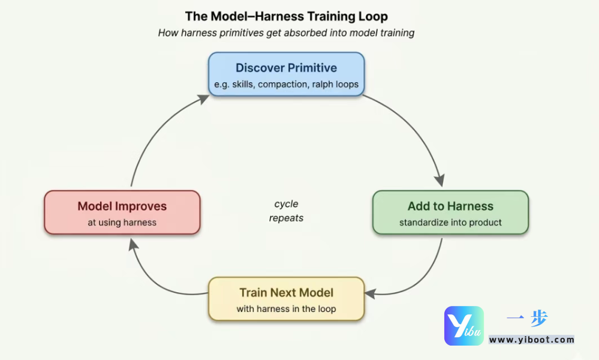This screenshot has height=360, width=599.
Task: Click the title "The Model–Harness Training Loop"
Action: (x=286, y=16)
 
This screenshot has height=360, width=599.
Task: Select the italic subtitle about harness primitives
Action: (x=286, y=33)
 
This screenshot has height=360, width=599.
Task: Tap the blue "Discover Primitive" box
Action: (x=286, y=74)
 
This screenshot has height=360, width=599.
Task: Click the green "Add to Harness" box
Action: (x=450, y=212)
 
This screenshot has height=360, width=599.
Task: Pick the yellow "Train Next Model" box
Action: (x=286, y=299)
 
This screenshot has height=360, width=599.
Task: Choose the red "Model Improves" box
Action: (x=122, y=212)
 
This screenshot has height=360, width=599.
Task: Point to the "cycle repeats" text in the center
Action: (x=286, y=211)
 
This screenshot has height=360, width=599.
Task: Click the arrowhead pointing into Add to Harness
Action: (x=440, y=179)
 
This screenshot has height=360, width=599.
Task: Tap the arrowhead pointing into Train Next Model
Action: (x=371, y=293)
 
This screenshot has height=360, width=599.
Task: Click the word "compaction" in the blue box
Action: (x=282, y=85)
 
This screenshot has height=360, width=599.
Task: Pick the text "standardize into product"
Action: (x=450, y=223)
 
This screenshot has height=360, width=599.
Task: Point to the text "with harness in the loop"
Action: (x=286, y=309)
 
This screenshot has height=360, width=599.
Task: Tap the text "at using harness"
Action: (x=122, y=223)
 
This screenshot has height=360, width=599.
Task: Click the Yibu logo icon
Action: (x=463, y=326)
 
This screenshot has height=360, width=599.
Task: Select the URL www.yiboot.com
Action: (x=531, y=340)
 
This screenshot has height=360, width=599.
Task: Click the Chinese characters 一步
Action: (x=527, y=319)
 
